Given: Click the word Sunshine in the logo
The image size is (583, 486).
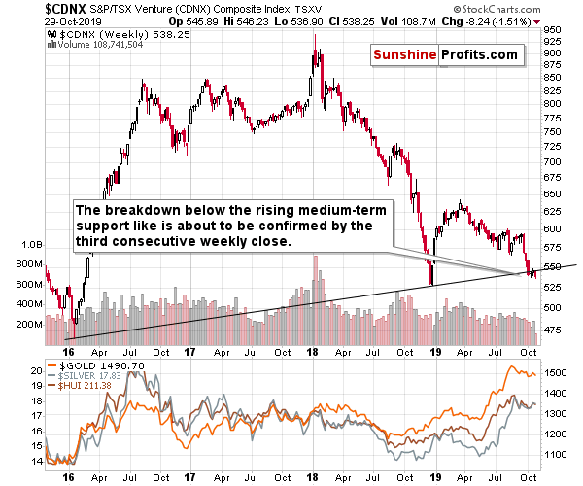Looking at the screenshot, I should pyautogui.click(x=403, y=55).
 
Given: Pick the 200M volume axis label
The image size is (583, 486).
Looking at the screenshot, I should pyautogui.click(x=17, y=324).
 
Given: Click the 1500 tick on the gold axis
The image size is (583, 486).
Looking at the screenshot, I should pyautogui.click(x=557, y=372).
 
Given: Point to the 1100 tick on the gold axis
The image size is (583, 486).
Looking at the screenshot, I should pyautogui.click(x=557, y=454).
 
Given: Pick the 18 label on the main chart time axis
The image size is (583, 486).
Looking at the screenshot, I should pyautogui.click(x=314, y=352).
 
